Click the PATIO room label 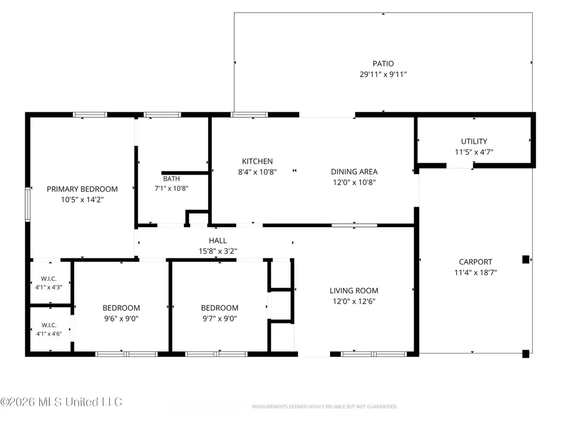pyautogui.click(x=383, y=64)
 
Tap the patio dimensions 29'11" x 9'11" pyautogui.click(x=383, y=74)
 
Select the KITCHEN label pyautogui.click(x=257, y=162)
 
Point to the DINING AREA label pyautogui.click(x=354, y=172)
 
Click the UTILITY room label pyautogui.click(x=474, y=141)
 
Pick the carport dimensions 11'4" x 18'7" pyautogui.click(x=476, y=273)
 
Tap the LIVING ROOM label pyautogui.click(x=354, y=291)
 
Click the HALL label pyautogui.click(x=218, y=240)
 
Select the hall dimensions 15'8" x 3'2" pyautogui.click(x=218, y=251)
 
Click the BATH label pyautogui.click(x=171, y=178)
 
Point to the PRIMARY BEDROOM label pyautogui.click(x=82, y=189)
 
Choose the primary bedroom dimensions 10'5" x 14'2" pyautogui.click(x=82, y=200)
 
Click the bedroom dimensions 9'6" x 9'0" pyautogui.click(x=122, y=319)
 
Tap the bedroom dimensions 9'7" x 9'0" pyautogui.click(x=219, y=319)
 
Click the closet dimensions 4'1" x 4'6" pyautogui.click(x=49, y=333)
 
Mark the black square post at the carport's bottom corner pyautogui.click(x=525, y=354)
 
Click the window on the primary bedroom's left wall pyautogui.click(x=27, y=205)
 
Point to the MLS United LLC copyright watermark pyautogui.click(x=61, y=402)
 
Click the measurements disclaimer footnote pyautogui.click(x=325, y=407)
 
